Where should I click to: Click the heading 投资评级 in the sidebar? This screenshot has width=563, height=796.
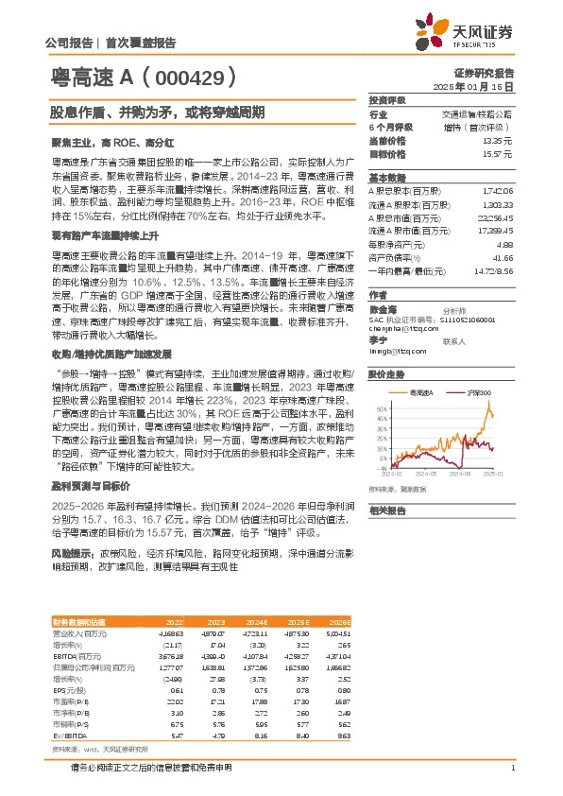[x=386, y=100]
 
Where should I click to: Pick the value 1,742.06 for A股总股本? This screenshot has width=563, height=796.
[x=497, y=190]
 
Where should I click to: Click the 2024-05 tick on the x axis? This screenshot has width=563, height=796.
[x=425, y=474]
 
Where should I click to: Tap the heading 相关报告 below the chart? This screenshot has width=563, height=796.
[x=386, y=510]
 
